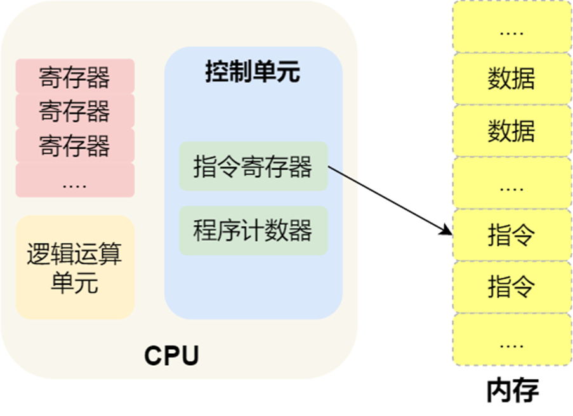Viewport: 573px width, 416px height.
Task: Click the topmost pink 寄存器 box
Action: click(x=75, y=76)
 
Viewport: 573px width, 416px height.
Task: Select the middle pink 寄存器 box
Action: click(x=75, y=111)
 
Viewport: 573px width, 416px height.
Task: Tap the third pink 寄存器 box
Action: click(x=75, y=145)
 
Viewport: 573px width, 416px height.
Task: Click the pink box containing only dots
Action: click(x=75, y=180)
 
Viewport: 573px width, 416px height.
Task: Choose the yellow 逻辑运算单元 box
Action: click(x=75, y=267)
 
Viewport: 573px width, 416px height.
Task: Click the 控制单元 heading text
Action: click(x=252, y=72)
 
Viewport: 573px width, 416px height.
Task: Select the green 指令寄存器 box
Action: click(x=253, y=167)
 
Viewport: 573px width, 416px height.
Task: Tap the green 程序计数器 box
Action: click(x=253, y=231)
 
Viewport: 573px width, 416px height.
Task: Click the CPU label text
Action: click(x=171, y=355)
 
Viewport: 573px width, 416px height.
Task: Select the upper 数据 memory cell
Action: click(x=511, y=79)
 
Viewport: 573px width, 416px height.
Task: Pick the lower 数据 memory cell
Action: click(x=511, y=131)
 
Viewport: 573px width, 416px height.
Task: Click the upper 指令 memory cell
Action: click(x=511, y=235)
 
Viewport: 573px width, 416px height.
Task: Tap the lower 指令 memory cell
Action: click(x=511, y=287)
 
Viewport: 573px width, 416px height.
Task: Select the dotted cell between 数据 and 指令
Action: click(x=511, y=184)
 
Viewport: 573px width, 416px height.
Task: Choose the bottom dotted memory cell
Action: click(x=511, y=339)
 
